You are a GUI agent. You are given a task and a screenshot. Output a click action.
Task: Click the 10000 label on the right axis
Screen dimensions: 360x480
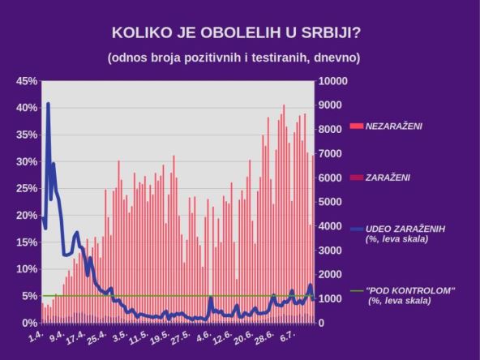click(335, 81)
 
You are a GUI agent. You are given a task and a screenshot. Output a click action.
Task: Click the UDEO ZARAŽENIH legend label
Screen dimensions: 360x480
click(405, 229)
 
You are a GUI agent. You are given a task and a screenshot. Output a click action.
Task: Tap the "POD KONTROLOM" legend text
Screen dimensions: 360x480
click(410, 290)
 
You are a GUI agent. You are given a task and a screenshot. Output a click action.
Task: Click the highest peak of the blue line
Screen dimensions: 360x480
click(48, 104)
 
